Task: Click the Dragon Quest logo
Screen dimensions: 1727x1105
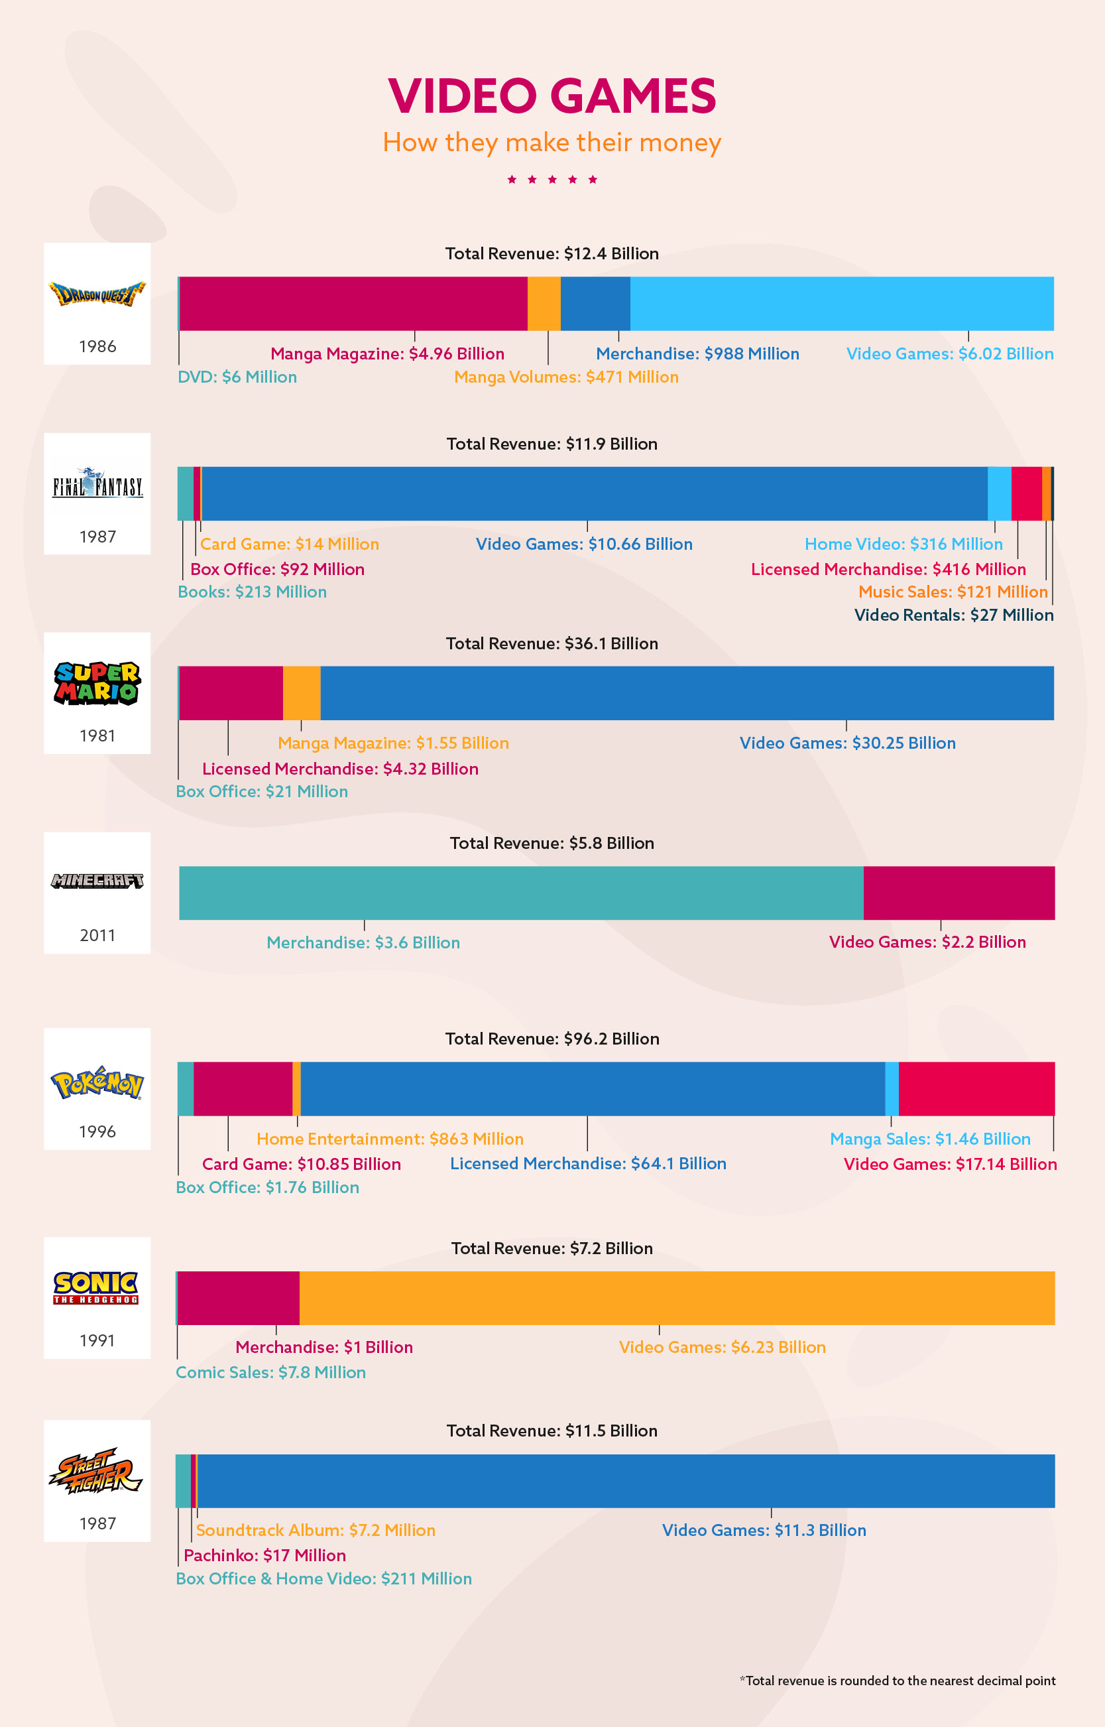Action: coord(97,294)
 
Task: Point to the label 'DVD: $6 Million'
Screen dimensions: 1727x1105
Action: coord(237,377)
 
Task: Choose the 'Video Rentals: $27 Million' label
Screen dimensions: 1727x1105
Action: coord(954,615)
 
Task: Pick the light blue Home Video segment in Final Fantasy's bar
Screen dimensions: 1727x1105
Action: coord(999,494)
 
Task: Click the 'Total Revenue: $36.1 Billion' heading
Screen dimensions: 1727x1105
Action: coord(552,643)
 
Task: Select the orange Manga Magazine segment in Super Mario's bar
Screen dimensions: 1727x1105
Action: coord(302,692)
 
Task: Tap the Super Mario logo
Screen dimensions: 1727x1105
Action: coord(97,682)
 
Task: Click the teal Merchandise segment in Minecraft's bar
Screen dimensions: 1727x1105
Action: coord(521,893)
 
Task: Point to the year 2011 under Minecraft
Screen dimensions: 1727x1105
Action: coord(97,935)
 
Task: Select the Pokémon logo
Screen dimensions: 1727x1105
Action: coord(97,1083)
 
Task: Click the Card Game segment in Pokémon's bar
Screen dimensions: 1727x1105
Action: coord(243,1089)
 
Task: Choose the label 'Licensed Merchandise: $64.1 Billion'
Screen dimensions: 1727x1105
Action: coord(588,1163)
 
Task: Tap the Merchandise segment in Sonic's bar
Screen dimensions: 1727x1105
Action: coord(238,1298)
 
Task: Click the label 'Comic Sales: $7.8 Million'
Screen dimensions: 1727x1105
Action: coord(270,1372)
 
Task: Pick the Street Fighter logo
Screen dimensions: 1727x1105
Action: coord(97,1471)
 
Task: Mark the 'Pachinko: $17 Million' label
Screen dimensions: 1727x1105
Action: coord(264,1555)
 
